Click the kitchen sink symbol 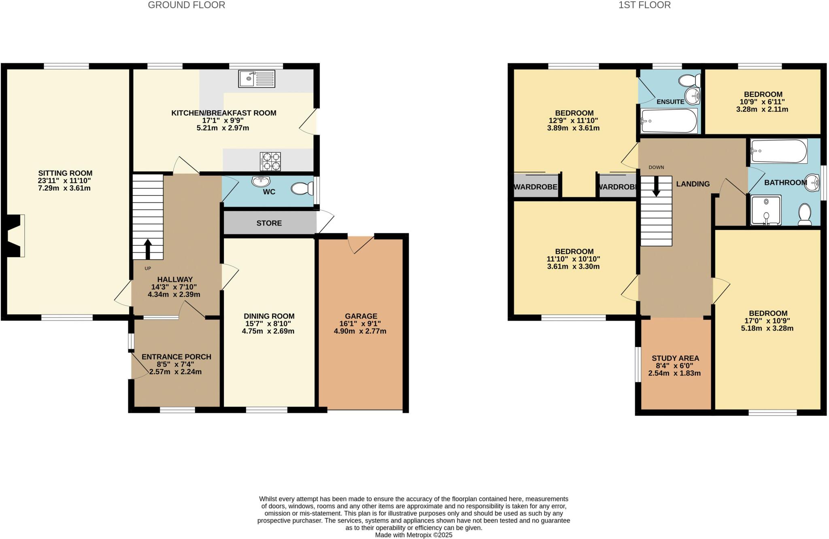(x=257, y=79)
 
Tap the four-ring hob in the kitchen (x=270, y=161)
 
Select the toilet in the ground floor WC (x=302, y=189)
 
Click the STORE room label (x=269, y=223)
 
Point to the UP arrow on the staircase (x=148, y=249)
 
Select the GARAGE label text (x=361, y=316)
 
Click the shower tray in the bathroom (x=766, y=210)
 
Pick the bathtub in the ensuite (x=669, y=121)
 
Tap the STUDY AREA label (x=675, y=358)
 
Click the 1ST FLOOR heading (x=644, y=5)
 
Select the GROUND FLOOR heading (x=186, y=5)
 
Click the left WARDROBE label (x=536, y=187)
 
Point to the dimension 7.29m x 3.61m (x=64, y=188)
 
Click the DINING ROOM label (x=269, y=316)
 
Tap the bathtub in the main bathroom (x=778, y=151)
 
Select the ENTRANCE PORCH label (x=176, y=357)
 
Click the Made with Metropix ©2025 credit (x=413, y=535)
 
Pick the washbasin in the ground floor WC (x=261, y=181)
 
